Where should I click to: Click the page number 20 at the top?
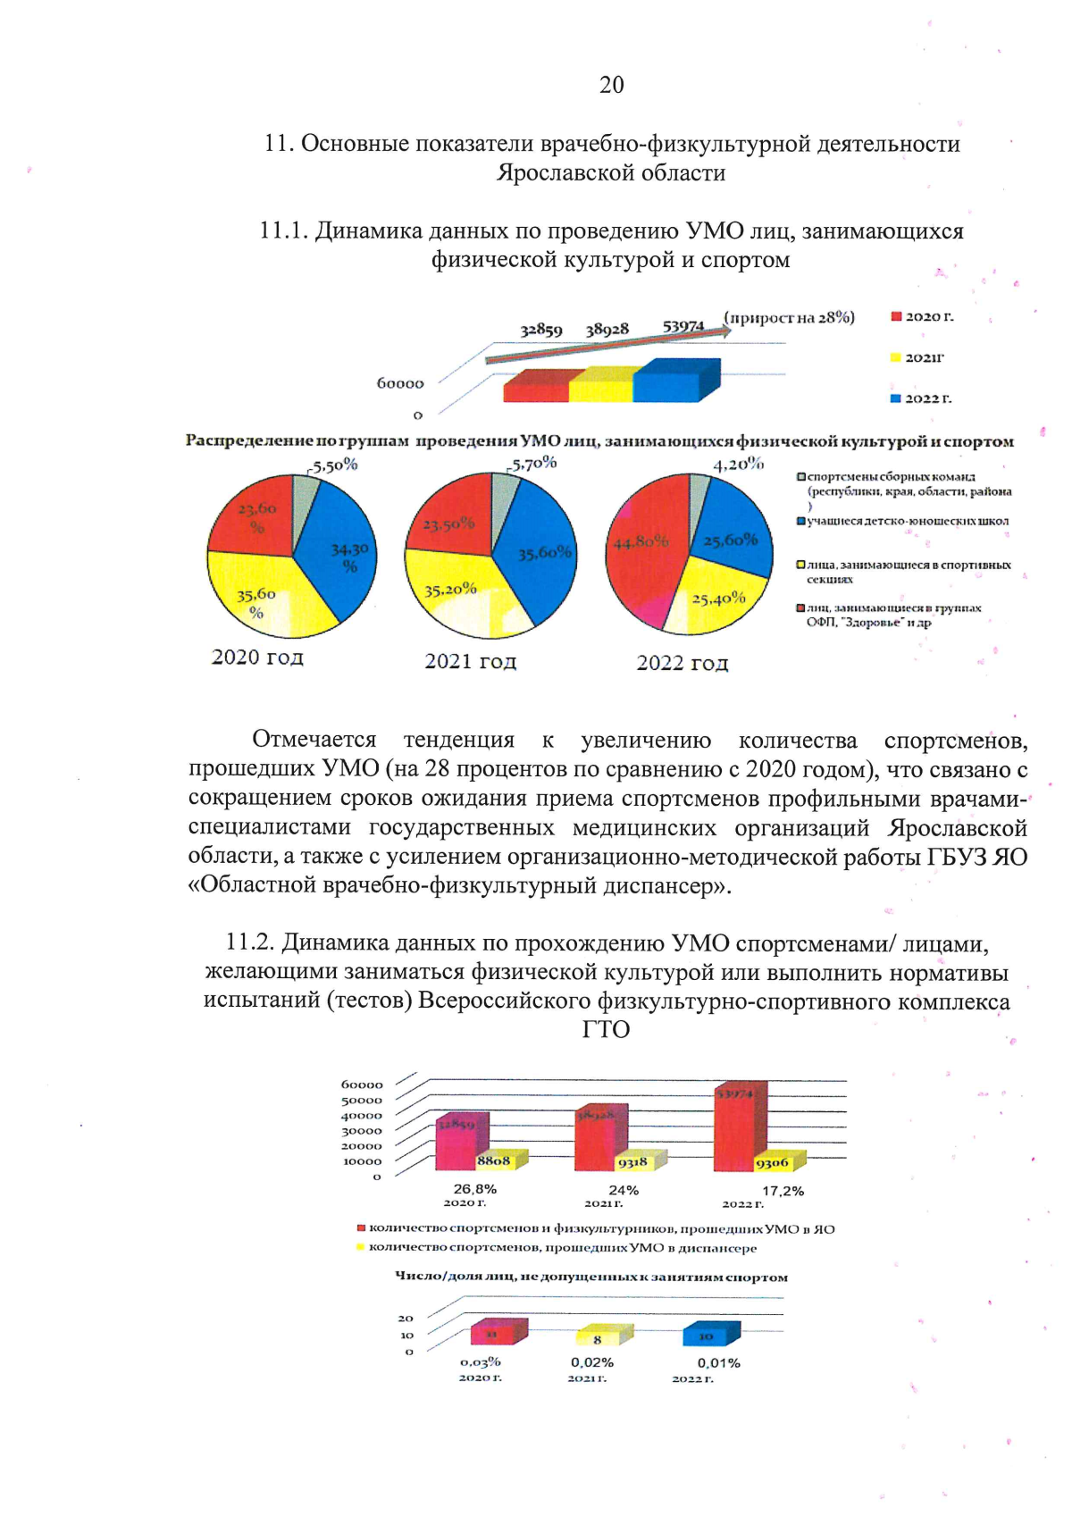point(611,85)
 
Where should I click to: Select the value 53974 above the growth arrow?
point(683,327)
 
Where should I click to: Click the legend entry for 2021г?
point(923,357)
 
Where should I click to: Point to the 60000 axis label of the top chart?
point(400,383)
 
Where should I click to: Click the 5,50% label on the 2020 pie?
point(335,465)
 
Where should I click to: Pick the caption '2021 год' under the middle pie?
point(470,662)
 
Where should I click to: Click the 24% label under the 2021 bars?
point(624,1190)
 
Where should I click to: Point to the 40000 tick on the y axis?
point(361,1116)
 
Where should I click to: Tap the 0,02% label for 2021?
point(592,1362)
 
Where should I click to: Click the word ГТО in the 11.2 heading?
point(606,1029)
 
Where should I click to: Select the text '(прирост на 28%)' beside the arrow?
point(789,317)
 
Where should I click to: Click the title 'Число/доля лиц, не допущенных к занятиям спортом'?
point(591,1277)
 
